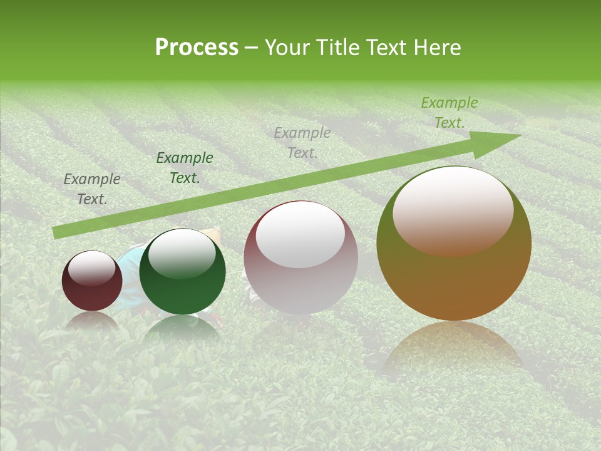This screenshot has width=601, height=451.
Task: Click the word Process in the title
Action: pyautogui.click(x=197, y=48)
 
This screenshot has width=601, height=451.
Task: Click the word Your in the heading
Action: pyautogui.click(x=288, y=48)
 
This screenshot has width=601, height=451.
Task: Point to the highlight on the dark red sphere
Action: pyautogui.click(x=92, y=268)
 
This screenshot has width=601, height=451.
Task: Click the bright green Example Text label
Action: pyautogui.click(x=449, y=113)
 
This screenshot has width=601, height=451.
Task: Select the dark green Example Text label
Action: pyautogui.click(x=185, y=168)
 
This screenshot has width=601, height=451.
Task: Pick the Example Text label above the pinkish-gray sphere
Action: pyautogui.click(x=302, y=142)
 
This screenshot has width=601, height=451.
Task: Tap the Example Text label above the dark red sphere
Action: pyautogui.click(x=92, y=189)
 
